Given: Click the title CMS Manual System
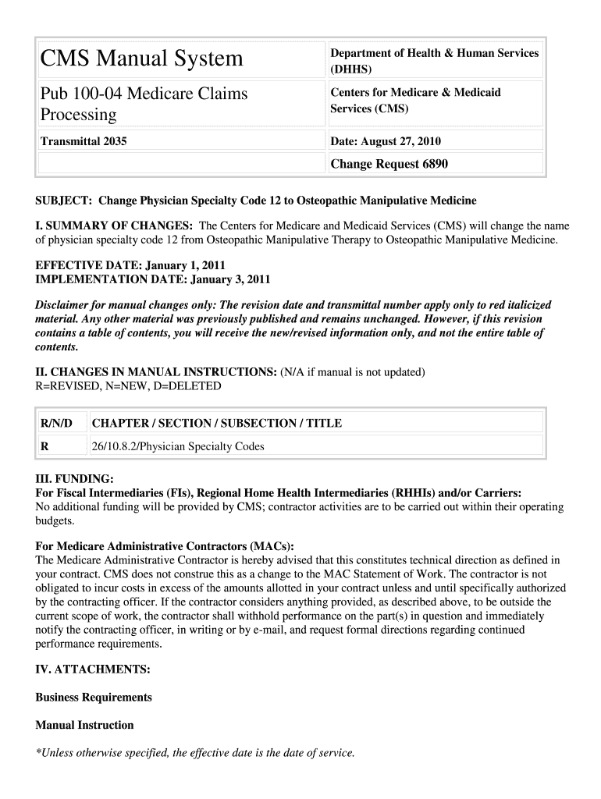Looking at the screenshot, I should click(x=142, y=59).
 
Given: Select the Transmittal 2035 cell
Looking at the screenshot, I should click(x=84, y=141).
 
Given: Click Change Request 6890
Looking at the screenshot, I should click(x=389, y=164).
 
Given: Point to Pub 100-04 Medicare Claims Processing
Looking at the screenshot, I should click(x=144, y=104).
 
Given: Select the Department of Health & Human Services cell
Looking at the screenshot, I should click(x=434, y=61).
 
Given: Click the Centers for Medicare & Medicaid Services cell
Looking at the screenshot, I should click(x=415, y=101).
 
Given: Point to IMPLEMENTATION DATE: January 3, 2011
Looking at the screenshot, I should click(x=153, y=279).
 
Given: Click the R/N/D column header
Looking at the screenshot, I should click(x=56, y=424).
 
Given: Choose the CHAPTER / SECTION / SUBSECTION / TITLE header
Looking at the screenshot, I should click(x=216, y=424).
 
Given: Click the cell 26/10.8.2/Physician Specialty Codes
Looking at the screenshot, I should click(x=178, y=447).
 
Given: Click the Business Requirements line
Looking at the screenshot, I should click(x=94, y=698).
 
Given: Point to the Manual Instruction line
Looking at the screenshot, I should click(x=84, y=726).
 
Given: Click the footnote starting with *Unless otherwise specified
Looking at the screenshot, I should click(x=195, y=754).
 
